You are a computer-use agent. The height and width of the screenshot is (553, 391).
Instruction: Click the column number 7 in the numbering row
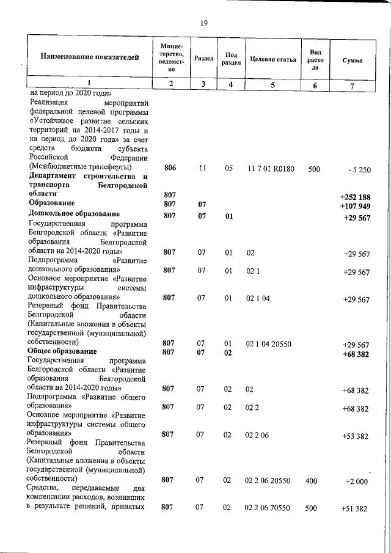pos(353,85)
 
